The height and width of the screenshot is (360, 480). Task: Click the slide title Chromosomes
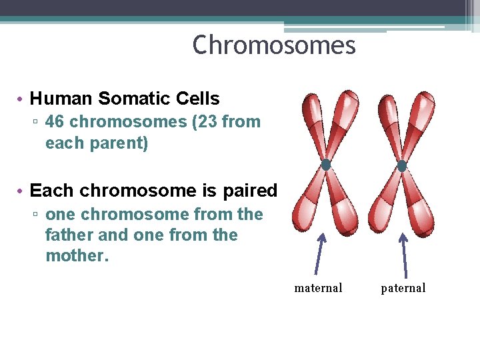tap(274, 46)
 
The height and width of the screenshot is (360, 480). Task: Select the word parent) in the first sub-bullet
tap(125, 143)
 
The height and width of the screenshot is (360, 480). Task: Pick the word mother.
tap(76, 256)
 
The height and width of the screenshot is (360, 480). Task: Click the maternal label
tap(318, 288)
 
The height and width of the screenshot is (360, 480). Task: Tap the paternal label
tap(403, 288)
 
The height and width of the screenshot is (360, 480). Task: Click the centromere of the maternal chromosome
tap(326, 165)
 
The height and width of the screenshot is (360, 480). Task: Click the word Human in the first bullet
tap(62, 99)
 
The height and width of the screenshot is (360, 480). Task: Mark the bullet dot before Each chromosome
tap(21, 191)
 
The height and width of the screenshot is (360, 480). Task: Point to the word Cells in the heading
tap(198, 99)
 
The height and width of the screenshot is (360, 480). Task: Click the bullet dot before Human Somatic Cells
tap(21, 99)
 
